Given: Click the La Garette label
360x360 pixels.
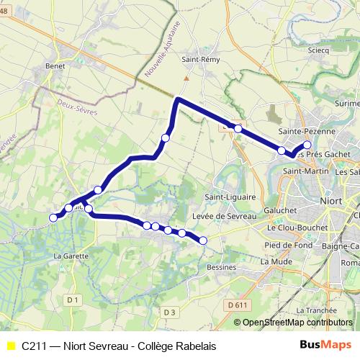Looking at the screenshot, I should point(71,256).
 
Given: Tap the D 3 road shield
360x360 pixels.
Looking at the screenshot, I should point(169,311).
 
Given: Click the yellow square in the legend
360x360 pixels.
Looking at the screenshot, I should point(10,346).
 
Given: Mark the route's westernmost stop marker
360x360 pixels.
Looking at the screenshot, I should point(53,217).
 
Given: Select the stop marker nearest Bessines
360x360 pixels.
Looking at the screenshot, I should point(203,240).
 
